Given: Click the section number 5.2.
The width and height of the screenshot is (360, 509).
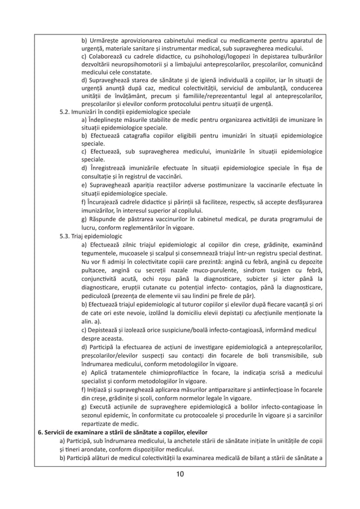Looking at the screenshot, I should click(65, 112).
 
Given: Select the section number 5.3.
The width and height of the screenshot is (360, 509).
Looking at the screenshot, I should click(65, 236).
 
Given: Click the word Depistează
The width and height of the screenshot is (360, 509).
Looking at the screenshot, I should click(108, 328).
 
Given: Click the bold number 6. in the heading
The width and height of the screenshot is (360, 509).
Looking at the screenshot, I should click(40, 433).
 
